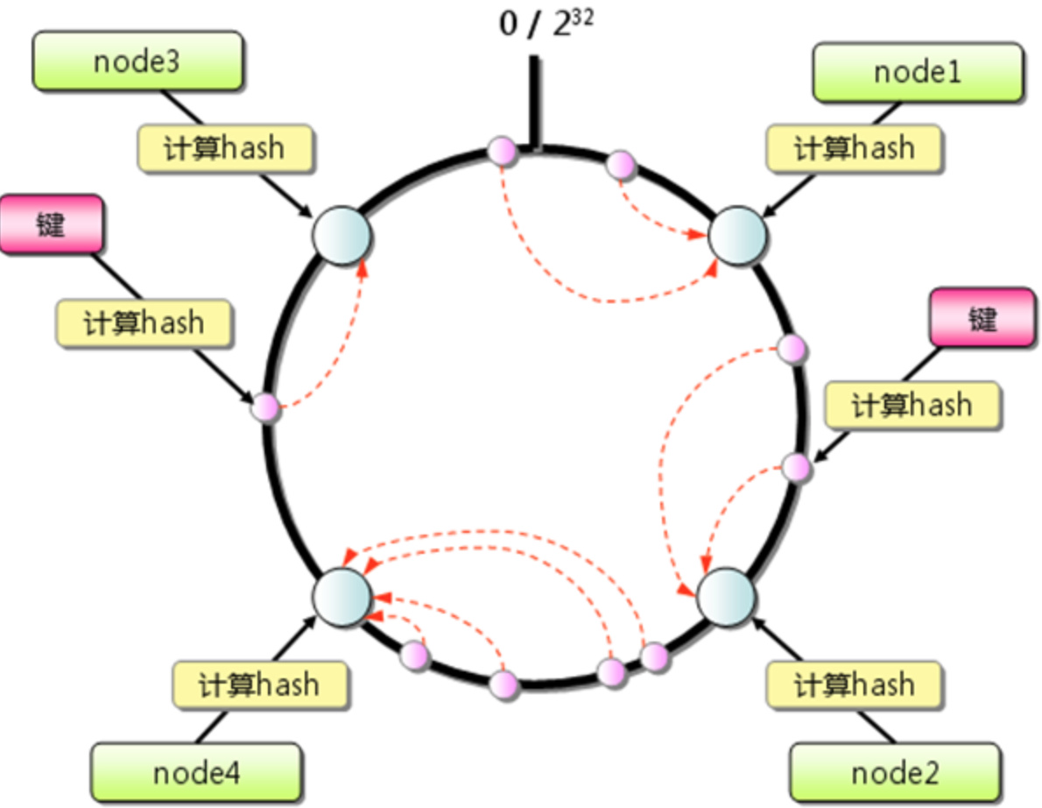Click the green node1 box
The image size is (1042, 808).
click(918, 72)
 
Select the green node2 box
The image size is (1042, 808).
click(894, 773)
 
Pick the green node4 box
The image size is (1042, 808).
click(196, 773)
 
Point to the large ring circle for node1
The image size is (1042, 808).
click(737, 235)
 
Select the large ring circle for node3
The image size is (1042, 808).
click(341, 235)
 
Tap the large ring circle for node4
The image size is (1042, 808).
click(341, 596)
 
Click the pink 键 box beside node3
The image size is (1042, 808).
click(51, 225)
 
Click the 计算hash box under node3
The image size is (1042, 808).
click(224, 147)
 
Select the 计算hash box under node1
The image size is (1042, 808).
click(854, 147)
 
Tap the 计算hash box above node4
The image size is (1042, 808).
click(259, 684)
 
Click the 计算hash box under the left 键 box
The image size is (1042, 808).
click(144, 322)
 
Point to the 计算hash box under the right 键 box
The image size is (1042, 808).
click(912, 405)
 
